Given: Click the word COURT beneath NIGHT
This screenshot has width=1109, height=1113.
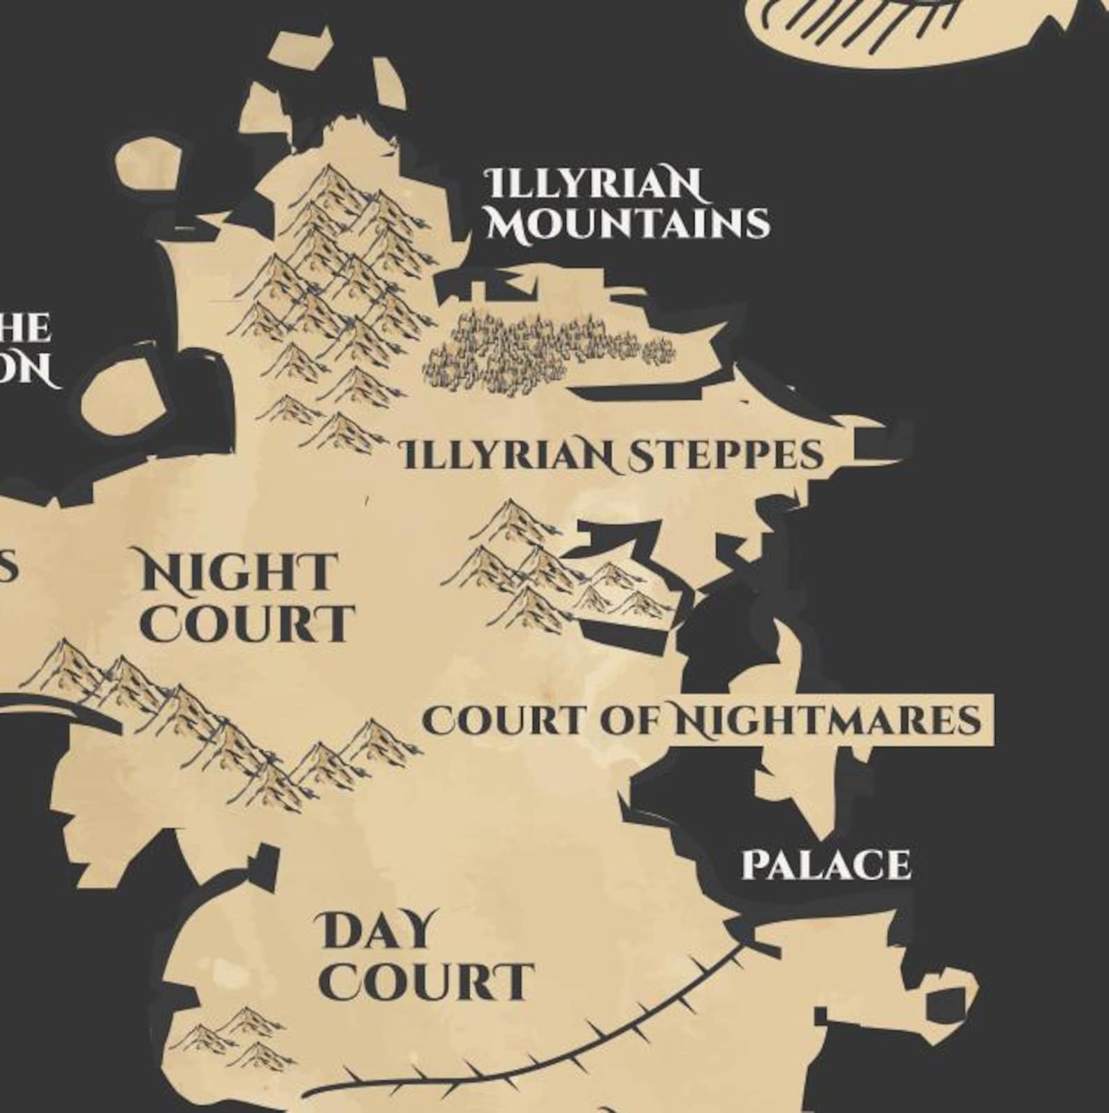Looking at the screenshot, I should (x=248, y=624).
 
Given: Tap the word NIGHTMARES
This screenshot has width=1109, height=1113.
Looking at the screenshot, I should (x=828, y=720).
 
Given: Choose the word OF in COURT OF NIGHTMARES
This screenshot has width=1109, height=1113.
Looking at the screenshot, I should (x=631, y=720).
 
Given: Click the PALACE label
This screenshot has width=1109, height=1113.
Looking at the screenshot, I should (x=826, y=865).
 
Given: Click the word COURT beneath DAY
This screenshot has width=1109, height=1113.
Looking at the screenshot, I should (x=427, y=982).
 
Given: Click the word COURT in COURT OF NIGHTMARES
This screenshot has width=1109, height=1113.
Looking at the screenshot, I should (x=502, y=720).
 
